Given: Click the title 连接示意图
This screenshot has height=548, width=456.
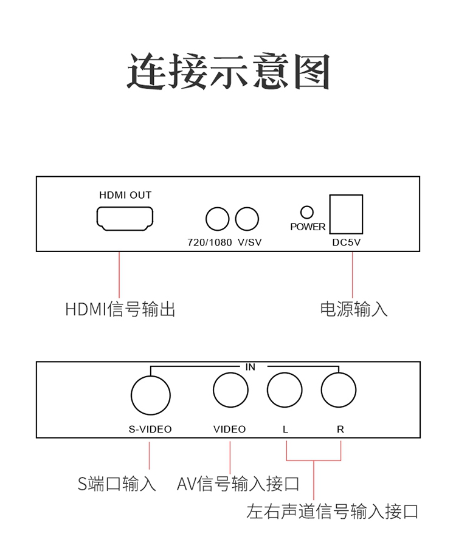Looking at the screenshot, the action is (x=228, y=72).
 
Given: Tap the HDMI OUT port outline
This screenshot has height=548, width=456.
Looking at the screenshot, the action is (x=125, y=219).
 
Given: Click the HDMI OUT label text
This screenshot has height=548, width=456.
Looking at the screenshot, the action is (x=125, y=195).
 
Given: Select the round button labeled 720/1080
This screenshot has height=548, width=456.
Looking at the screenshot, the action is (x=218, y=219).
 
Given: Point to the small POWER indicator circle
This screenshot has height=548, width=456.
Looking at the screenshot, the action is (x=307, y=212).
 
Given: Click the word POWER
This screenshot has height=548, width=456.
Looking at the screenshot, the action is (x=308, y=227).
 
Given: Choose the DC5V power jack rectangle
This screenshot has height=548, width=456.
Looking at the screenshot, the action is (x=345, y=214).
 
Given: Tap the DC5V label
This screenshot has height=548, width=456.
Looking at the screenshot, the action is (x=347, y=242).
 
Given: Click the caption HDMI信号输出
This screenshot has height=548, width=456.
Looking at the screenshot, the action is (x=120, y=309).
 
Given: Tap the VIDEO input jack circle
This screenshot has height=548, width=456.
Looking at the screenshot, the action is (x=230, y=389).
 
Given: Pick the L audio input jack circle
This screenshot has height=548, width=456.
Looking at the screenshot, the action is (x=285, y=389).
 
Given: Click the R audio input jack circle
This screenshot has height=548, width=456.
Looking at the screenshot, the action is (x=339, y=389).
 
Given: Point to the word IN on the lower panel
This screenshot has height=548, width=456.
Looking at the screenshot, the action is (x=250, y=367).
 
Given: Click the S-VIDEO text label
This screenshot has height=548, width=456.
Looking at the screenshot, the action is (x=150, y=429).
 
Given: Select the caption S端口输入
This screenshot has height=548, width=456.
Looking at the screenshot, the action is (x=117, y=484).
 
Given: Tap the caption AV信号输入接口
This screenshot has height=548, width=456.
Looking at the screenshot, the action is (x=238, y=484).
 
